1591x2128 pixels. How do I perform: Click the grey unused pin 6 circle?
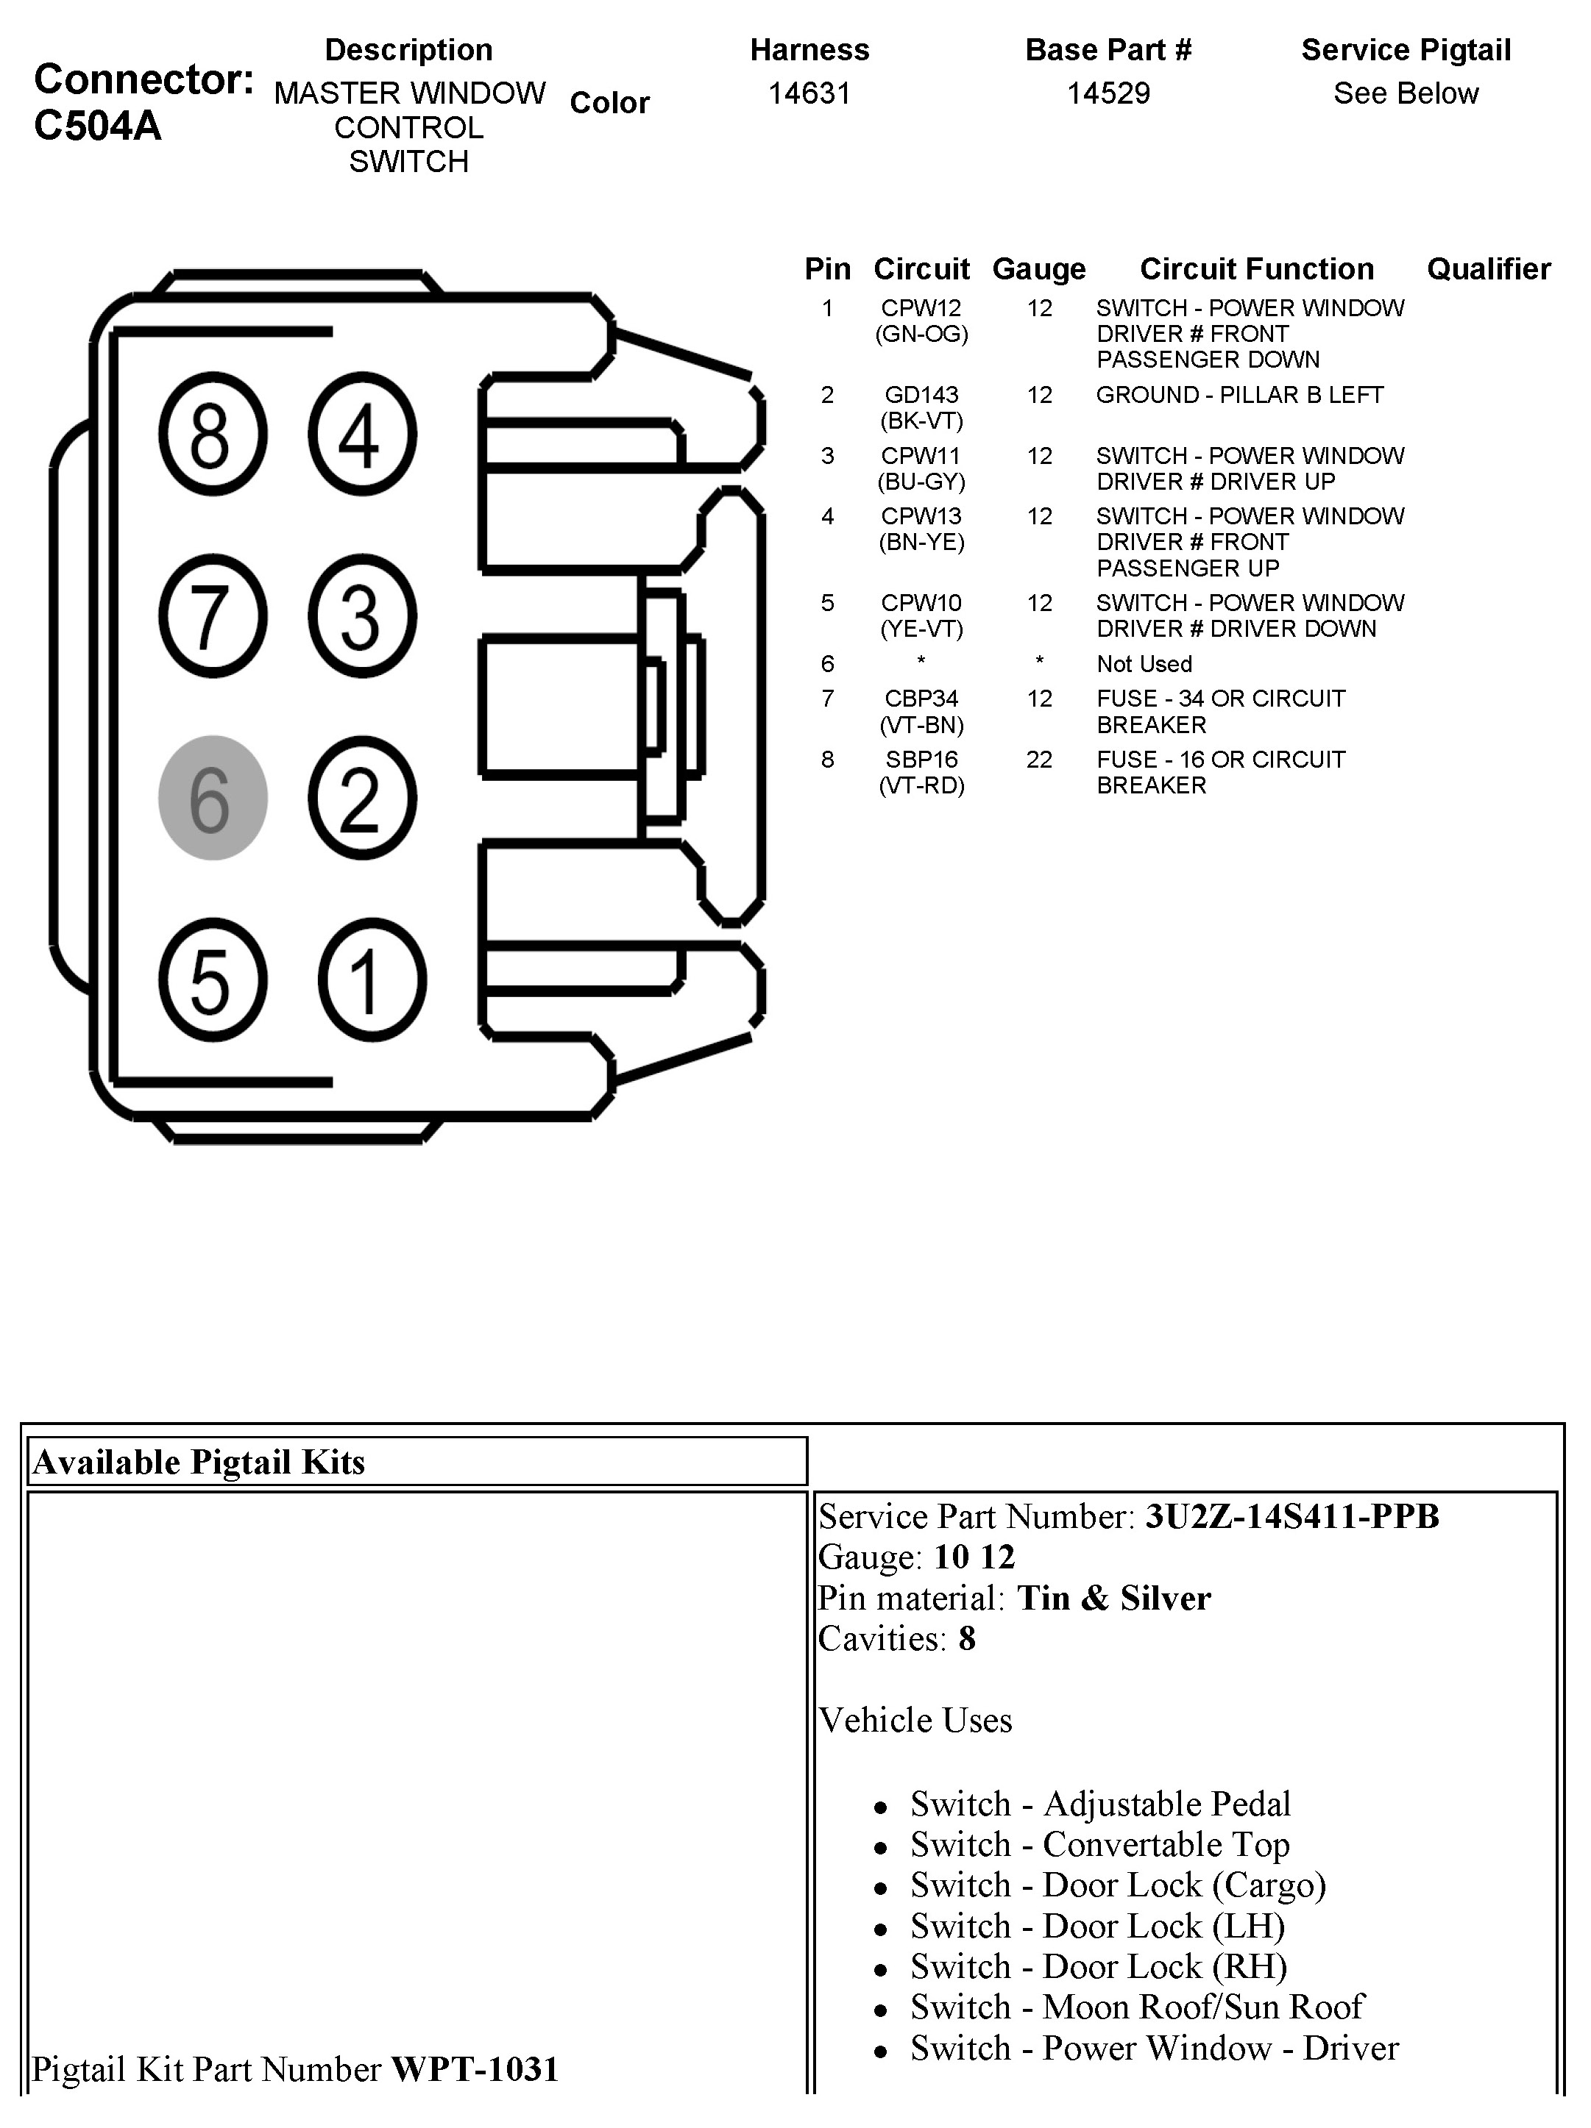click(212, 798)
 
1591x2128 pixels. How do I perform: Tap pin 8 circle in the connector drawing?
click(212, 434)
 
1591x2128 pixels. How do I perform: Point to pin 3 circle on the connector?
click(362, 615)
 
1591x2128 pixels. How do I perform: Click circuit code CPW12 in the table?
click(921, 309)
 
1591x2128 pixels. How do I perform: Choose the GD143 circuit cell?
click(921, 396)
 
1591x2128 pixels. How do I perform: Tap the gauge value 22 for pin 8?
click(1038, 760)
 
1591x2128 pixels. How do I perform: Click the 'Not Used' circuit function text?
click(1144, 664)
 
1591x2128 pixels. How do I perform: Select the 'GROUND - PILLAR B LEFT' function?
click(1239, 396)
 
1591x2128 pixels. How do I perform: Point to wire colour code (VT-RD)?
click(921, 786)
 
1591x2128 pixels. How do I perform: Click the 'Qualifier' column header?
click(1488, 269)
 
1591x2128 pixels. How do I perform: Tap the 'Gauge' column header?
click(1038, 269)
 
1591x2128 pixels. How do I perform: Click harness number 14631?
click(809, 93)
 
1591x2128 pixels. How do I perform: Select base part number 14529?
click(1108, 93)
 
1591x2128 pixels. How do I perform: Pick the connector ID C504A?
click(97, 126)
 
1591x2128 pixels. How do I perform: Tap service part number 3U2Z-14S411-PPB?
click(1291, 1516)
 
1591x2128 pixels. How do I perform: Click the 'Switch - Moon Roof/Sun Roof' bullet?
click(1137, 2007)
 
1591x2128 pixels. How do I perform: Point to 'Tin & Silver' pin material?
click(1113, 1598)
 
